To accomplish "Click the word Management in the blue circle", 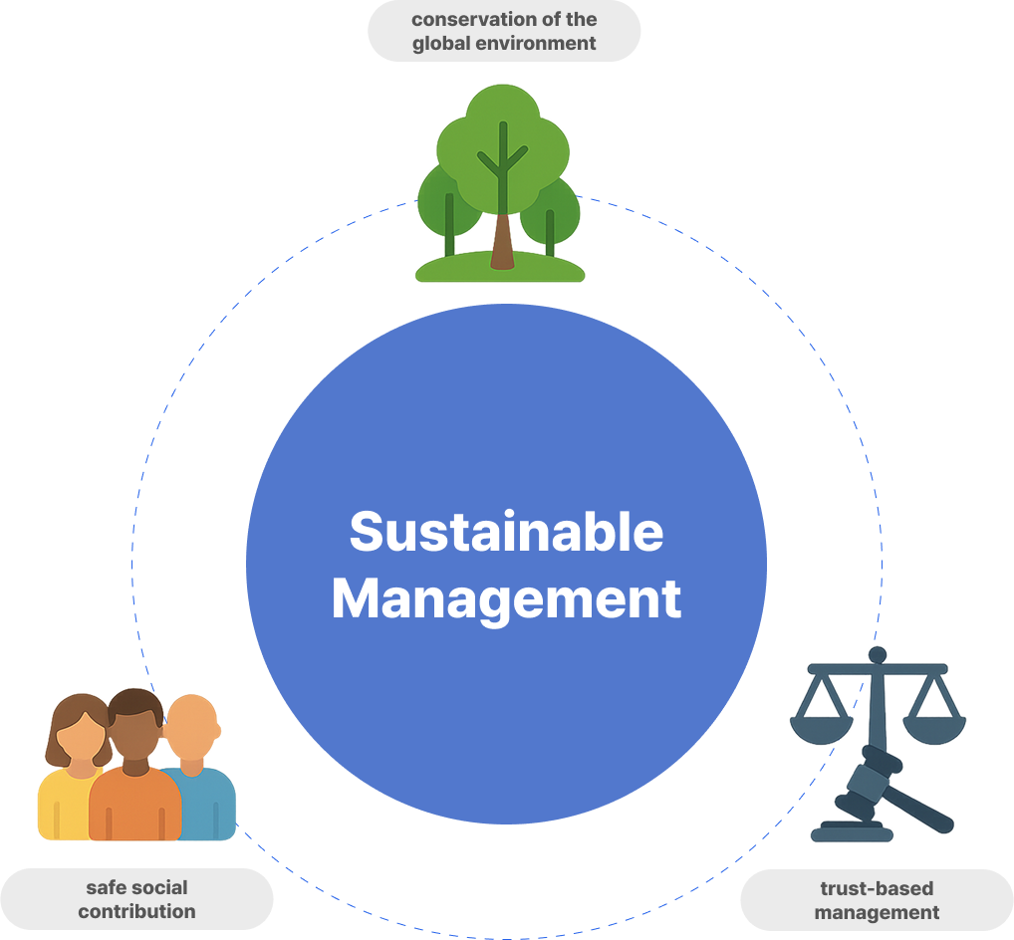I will point(506,599).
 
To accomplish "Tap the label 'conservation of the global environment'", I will point(504,31).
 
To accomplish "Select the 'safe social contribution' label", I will point(136,898).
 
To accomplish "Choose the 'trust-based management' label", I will point(877,899).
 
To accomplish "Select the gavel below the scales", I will point(877,787).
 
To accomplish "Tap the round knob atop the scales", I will point(878,655).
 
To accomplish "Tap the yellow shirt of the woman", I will point(62,802).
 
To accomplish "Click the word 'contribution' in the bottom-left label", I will point(136,910).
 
